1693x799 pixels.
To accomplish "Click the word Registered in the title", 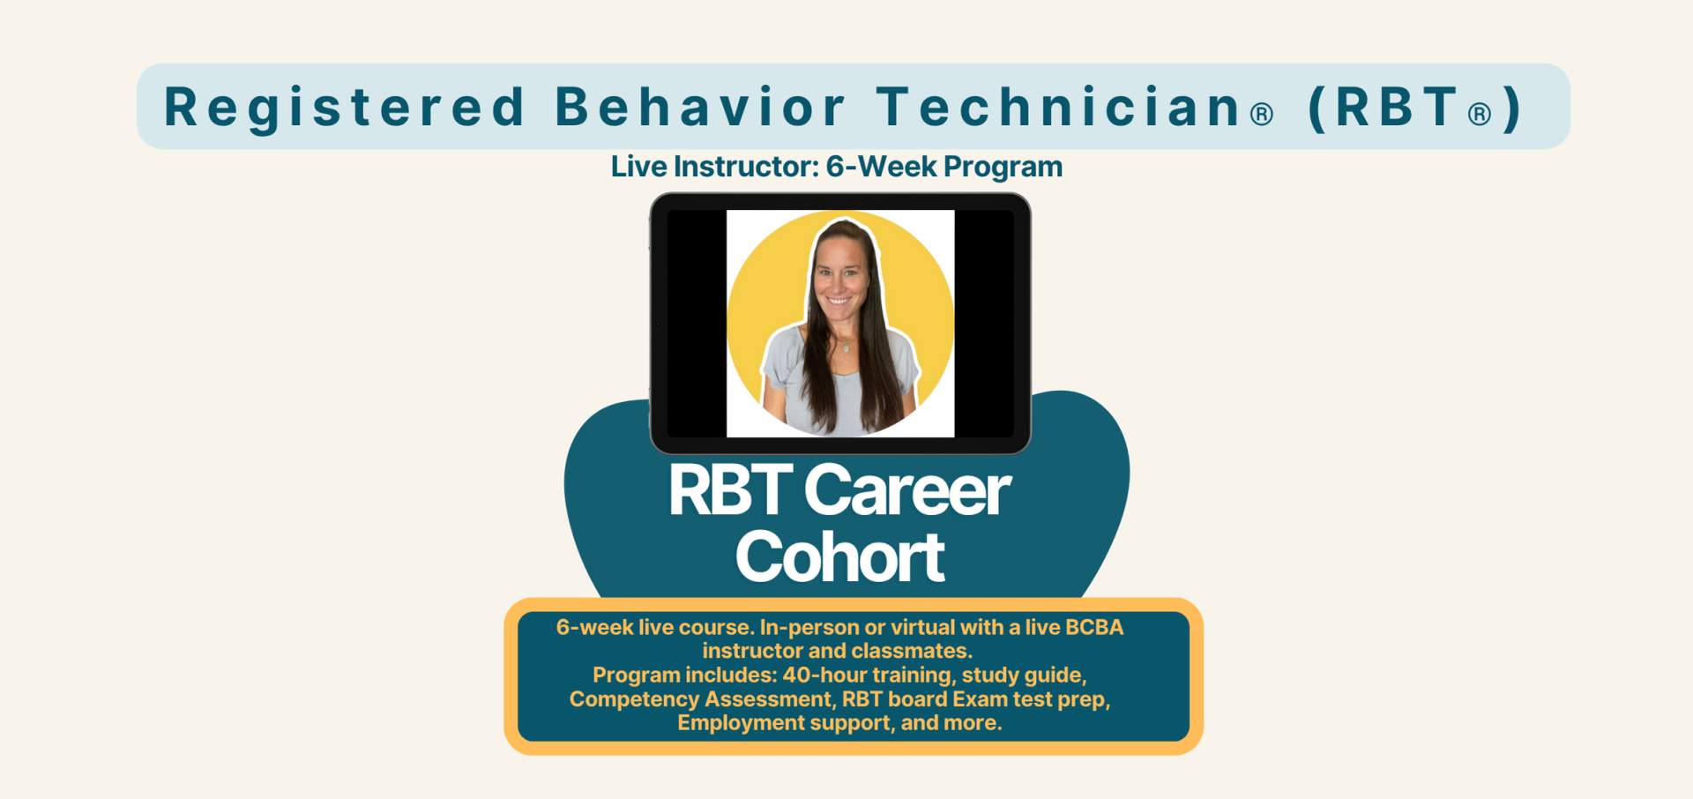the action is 345,108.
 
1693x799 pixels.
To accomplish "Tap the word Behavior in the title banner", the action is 701,107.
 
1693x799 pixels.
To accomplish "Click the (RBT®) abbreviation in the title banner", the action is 1415,108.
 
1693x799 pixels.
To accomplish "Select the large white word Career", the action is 907,490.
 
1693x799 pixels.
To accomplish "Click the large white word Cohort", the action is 839,556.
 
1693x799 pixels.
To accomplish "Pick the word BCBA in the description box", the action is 1094,627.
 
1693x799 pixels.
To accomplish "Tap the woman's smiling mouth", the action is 839,302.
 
